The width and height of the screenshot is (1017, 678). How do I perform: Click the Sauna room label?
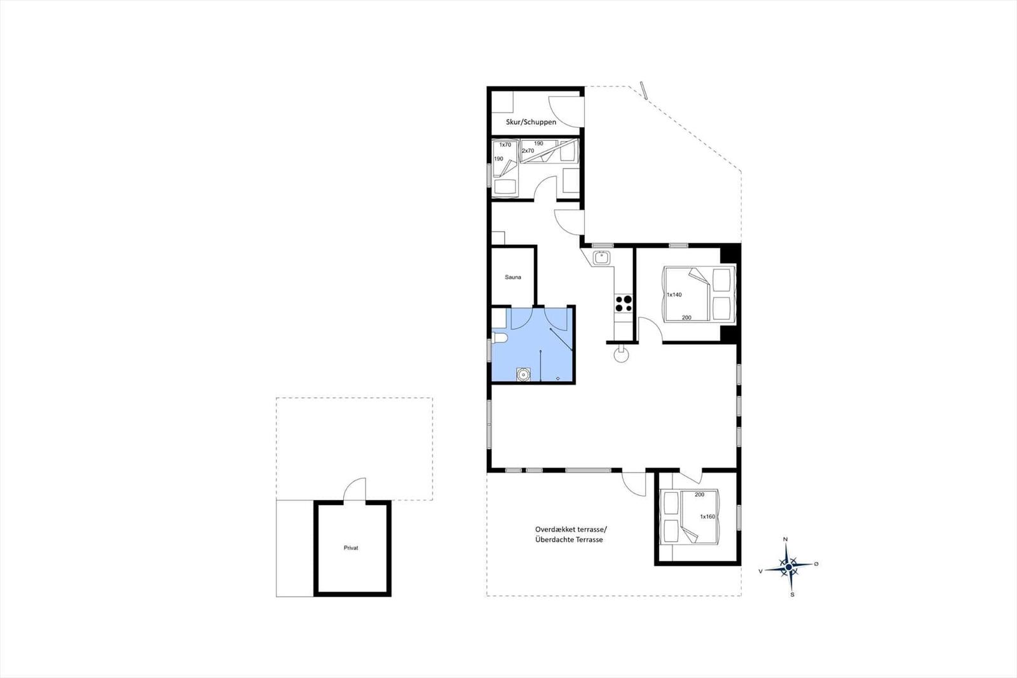point(512,277)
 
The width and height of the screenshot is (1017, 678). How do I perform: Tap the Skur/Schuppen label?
point(531,122)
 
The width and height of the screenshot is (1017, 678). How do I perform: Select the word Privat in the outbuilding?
point(351,548)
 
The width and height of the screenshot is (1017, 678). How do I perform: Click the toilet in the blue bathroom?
point(499,338)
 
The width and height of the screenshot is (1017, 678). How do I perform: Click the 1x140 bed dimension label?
point(674,295)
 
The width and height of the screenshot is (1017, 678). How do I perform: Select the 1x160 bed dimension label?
point(707,516)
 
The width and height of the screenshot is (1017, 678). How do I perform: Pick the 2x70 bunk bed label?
point(528,150)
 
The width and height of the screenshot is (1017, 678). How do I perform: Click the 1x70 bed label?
point(505,145)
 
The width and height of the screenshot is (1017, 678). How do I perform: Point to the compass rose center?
point(789,567)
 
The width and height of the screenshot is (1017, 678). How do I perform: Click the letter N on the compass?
point(786,539)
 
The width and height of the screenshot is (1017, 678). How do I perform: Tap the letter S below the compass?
point(792,595)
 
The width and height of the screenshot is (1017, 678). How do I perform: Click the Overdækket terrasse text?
point(571,529)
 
